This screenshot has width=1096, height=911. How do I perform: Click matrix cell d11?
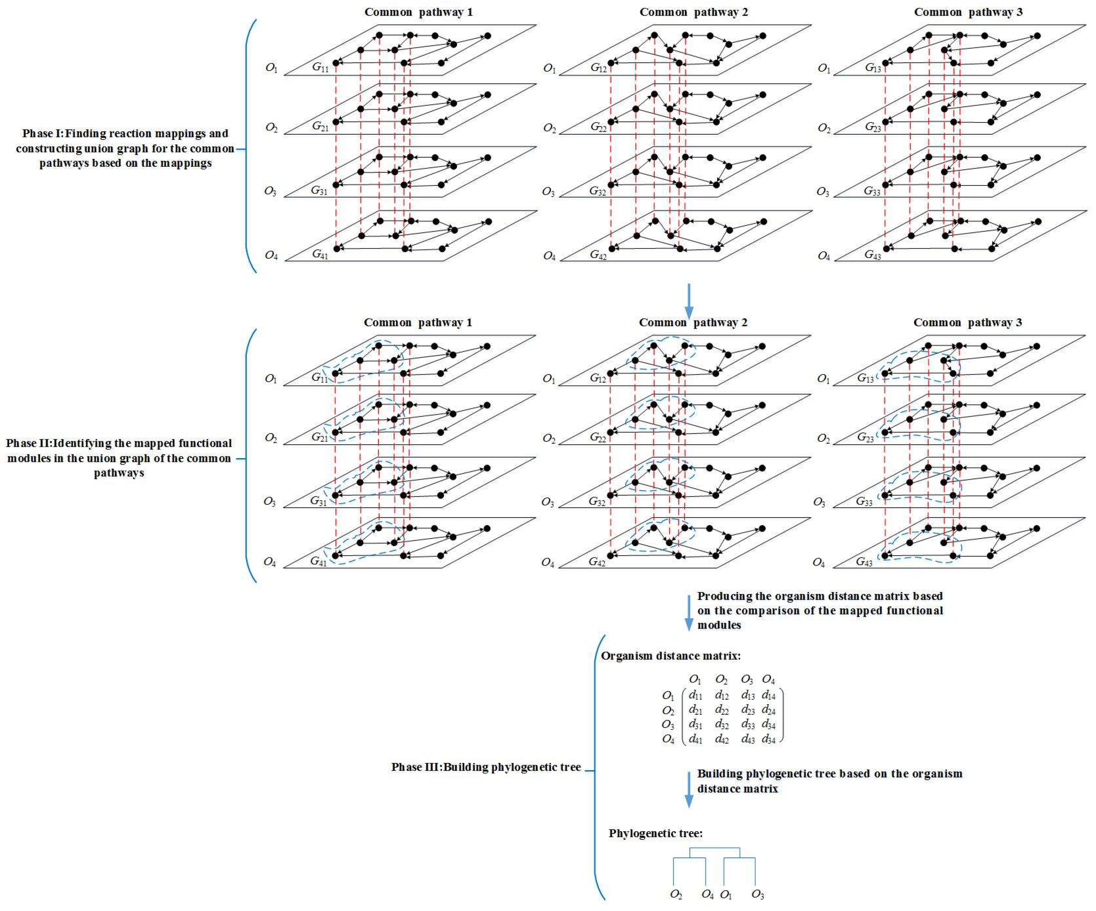pyautogui.click(x=695, y=695)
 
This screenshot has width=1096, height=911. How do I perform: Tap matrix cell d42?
pyautogui.click(x=722, y=739)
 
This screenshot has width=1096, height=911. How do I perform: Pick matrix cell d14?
pyautogui.click(x=768, y=695)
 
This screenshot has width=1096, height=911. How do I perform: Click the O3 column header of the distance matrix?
pyautogui.click(x=747, y=680)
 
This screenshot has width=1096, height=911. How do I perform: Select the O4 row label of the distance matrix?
pyautogui.click(x=668, y=739)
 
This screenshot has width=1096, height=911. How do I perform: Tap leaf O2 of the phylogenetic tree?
pyautogui.click(x=676, y=895)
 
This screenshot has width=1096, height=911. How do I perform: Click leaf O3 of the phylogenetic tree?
pyautogui.click(x=757, y=895)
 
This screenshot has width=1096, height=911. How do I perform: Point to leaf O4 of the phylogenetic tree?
pyautogui.click(x=707, y=895)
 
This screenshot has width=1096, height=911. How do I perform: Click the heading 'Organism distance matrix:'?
pyautogui.click(x=671, y=656)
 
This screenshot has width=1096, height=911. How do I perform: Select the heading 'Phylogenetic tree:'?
pyautogui.click(x=656, y=833)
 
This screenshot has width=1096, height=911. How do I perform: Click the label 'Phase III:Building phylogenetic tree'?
pyautogui.click(x=486, y=767)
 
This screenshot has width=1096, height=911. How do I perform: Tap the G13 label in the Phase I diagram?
pyautogui.click(x=873, y=67)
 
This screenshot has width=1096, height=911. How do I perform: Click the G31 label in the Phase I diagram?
pyautogui.click(x=319, y=190)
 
